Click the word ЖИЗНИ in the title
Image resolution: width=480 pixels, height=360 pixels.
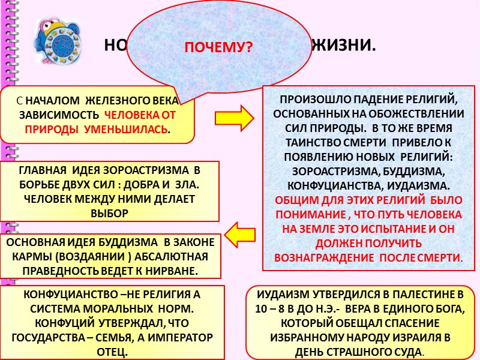tap(345, 45)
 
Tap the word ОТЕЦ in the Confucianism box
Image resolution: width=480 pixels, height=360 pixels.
tap(112, 351)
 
